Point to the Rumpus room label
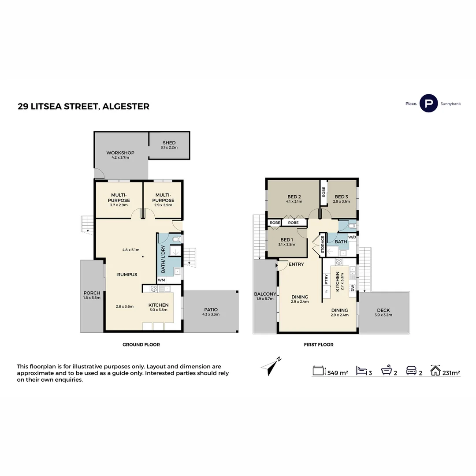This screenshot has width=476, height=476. click(x=127, y=275)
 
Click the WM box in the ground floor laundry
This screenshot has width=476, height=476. click(x=162, y=280)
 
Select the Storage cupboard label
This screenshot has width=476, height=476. click(x=323, y=245)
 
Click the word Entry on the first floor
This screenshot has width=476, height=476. click(x=296, y=264)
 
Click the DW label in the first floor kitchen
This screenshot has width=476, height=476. click(x=352, y=288)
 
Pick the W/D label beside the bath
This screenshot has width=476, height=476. click(x=352, y=238)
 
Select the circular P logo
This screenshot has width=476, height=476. click(x=428, y=104)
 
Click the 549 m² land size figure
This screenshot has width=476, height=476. click(x=338, y=373)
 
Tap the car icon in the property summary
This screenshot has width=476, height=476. click(x=411, y=371)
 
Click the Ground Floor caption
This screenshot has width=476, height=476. click(x=141, y=345)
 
